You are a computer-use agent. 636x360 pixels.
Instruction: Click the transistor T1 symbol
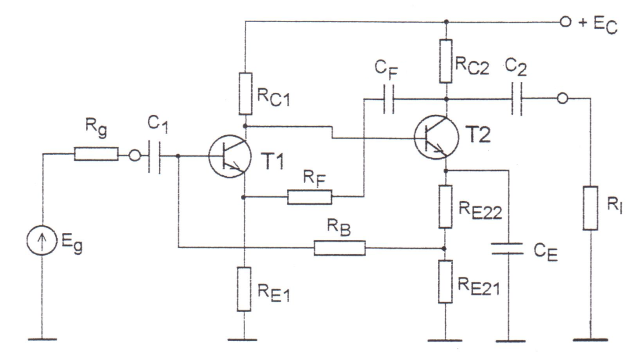click(230, 156)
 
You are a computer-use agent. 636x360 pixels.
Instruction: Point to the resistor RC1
click(246, 93)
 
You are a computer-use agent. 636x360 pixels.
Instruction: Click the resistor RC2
click(446, 61)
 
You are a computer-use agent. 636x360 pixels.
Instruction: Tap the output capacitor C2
click(518, 99)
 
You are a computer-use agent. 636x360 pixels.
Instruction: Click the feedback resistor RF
click(310, 198)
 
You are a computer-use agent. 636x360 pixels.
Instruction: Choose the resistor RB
click(340, 248)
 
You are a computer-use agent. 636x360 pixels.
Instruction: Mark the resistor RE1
click(246, 289)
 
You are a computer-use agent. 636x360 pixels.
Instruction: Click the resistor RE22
click(446, 206)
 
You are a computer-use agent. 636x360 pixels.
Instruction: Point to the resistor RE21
click(446, 281)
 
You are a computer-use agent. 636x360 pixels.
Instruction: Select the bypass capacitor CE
click(508, 249)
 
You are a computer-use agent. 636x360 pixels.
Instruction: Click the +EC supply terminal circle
click(565, 23)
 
